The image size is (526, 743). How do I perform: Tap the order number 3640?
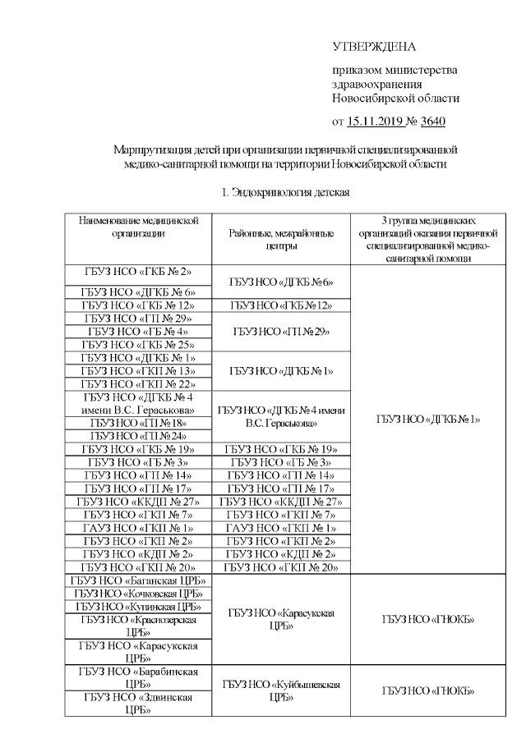tap(432, 122)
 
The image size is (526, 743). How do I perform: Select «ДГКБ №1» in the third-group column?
tap(427, 419)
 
